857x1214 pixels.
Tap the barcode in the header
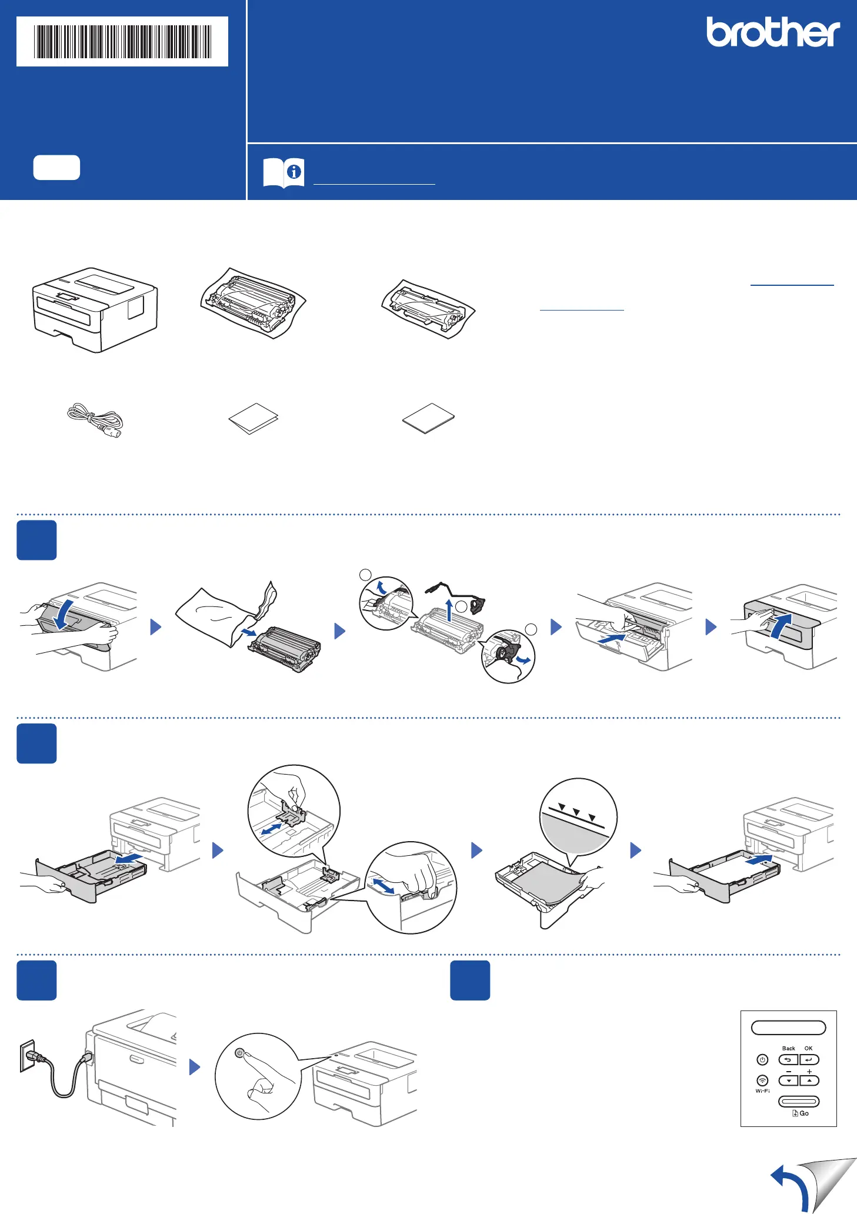[122, 42]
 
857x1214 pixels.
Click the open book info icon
[284, 173]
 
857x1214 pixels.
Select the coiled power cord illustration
[95, 420]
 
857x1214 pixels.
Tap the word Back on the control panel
[788, 1048]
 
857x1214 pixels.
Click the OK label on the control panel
[808, 1048]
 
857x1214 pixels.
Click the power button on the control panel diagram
[762, 1060]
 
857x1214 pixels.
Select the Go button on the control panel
[799, 1101]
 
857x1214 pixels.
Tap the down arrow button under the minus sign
[788, 1080]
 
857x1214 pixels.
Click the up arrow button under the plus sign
[809, 1080]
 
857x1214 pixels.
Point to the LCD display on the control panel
[788, 1028]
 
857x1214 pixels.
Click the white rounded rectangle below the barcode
[56, 168]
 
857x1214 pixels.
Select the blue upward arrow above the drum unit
[449, 610]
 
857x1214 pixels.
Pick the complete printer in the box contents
[95, 310]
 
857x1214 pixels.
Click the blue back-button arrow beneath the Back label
[788, 1060]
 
